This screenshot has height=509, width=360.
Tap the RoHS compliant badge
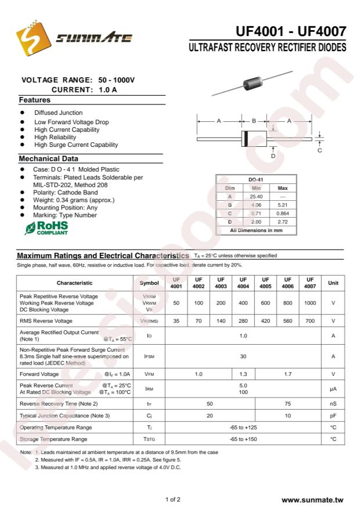[46, 228]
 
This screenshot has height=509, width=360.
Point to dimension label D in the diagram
[272, 156]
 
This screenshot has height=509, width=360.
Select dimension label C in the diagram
[319, 151]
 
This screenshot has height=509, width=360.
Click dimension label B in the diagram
[254, 121]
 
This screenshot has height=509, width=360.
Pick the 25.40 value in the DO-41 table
[257, 197]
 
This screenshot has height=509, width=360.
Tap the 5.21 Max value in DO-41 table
[283, 205]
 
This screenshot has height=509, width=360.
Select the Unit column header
[333, 283]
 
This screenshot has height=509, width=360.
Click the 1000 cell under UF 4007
[310, 303]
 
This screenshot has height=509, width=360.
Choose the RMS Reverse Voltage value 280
[243, 320]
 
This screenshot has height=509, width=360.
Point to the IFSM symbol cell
[149, 356]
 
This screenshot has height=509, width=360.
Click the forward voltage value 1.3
[243, 374]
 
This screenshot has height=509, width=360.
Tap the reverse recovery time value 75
[287, 403]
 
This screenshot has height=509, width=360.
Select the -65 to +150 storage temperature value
[243, 439]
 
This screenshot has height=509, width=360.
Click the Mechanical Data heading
[48, 158]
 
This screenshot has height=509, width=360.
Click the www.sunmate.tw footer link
[312, 499]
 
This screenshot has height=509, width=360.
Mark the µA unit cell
[333, 388]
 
